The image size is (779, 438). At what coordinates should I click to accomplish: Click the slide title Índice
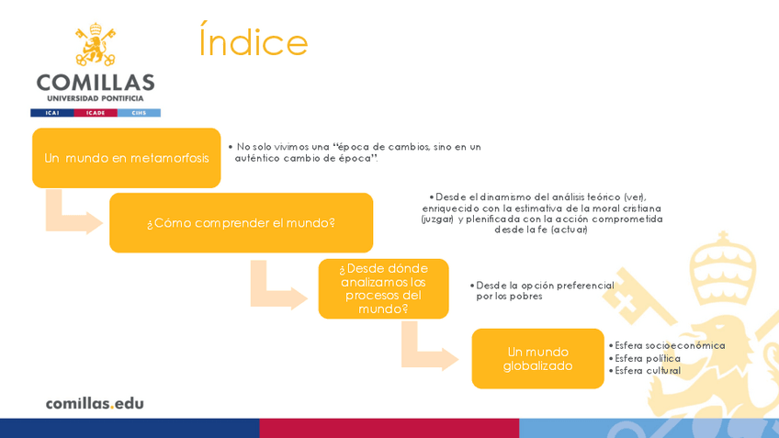(x=254, y=42)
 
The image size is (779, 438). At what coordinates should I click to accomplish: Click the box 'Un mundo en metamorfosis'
(x=127, y=158)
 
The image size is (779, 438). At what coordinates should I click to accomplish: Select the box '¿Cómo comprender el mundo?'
(x=241, y=223)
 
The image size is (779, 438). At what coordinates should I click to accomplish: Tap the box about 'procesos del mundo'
(x=383, y=288)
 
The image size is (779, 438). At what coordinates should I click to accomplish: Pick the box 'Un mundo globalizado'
(x=537, y=358)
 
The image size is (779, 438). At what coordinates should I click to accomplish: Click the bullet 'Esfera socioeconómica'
(x=670, y=345)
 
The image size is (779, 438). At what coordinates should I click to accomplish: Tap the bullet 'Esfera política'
(x=648, y=358)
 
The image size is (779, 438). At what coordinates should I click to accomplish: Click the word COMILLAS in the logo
(x=96, y=82)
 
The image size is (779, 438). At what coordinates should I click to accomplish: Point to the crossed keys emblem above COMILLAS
(x=96, y=44)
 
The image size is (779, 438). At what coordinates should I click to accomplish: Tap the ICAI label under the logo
(x=51, y=113)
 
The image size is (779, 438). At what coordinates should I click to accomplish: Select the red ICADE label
(x=96, y=113)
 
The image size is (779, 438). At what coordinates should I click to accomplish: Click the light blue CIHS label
(x=139, y=113)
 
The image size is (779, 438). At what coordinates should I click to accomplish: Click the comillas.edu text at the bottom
(x=95, y=403)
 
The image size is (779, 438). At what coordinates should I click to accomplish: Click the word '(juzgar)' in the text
(x=437, y=219)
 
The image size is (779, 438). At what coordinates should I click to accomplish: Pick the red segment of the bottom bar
(x=389, y=428)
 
